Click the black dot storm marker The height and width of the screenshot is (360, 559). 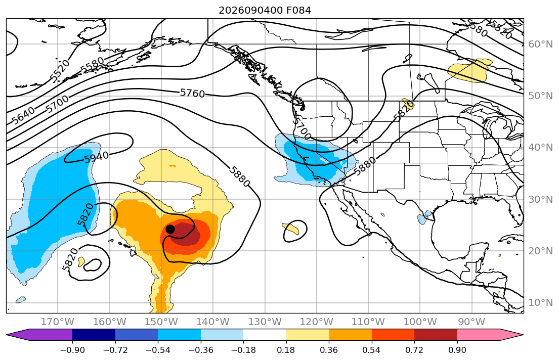click(x=170, y=229)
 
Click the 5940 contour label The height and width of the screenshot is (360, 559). click(x=97, y=157)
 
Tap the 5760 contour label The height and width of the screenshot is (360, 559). click(x=193, y=94)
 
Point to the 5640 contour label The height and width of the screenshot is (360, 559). click(x=24, y=115)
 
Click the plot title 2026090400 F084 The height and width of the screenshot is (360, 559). click(x=265, y=10)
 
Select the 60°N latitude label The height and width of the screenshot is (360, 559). click(x=540, y=44)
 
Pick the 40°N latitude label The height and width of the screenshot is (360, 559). click(x=540, y=147)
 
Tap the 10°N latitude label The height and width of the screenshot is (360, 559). click(x=540, y=303)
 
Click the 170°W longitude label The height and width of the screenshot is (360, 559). click(x=58, y=322)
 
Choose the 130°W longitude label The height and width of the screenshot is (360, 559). click(x=265, y=322)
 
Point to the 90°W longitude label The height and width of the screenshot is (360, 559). click(x=471, y=322)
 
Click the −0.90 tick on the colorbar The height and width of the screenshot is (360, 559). click(x=72, y=350)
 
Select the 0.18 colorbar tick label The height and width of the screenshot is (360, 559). click(x=286, y=350)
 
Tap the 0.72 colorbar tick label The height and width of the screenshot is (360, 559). click(x=414, y=350)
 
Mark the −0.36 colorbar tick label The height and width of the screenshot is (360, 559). click(x=201, y=350)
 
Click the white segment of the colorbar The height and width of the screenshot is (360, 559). click(x=265, y=335)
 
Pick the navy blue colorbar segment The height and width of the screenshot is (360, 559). click(x=94, y=335)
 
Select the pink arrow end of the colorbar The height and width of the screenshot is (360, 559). click(x=490, y=335)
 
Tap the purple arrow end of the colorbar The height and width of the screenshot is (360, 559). click(x=39, y=335)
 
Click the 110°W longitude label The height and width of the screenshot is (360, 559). click(x=368, y=322)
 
